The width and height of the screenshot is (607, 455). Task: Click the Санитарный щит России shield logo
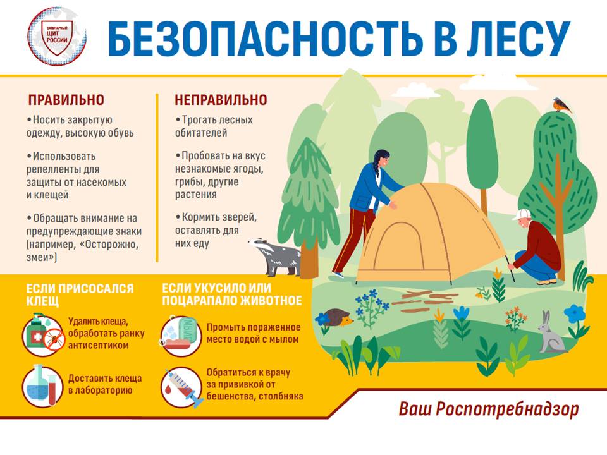tap(57, 37)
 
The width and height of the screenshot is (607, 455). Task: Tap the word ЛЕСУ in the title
tap(518, 39)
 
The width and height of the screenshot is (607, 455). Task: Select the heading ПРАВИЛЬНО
tap(66, 100)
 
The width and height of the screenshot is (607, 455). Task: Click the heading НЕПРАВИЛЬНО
tap(221, 100)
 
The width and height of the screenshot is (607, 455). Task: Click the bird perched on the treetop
tap(562, 105)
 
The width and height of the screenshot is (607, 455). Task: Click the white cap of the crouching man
tap(521, 214)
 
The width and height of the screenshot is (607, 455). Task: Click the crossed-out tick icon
tap(54, 339)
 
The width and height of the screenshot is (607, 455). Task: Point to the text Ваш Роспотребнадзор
tap(489, 409)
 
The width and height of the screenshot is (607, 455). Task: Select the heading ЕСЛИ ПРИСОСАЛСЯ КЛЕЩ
tap(80, 294)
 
